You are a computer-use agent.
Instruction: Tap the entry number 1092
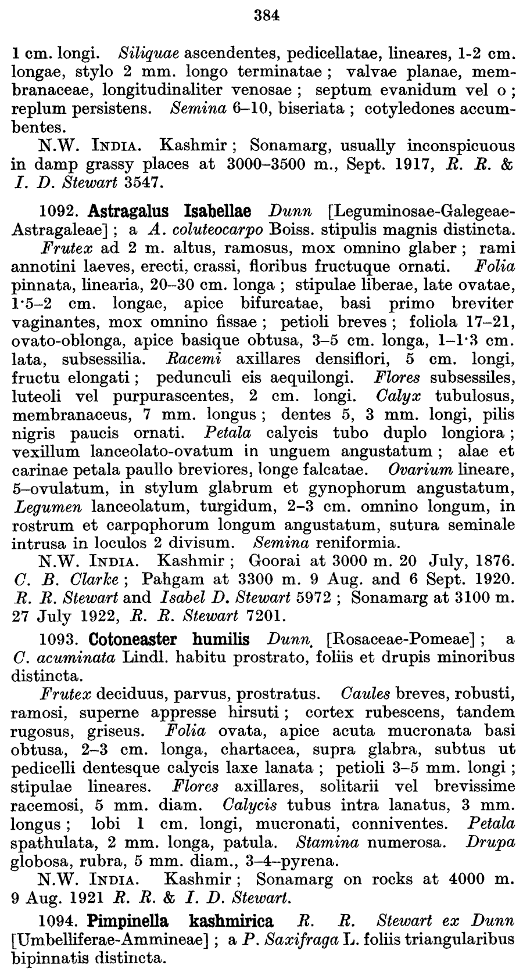point(59,210)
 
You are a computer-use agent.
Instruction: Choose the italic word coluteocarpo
point(187,228)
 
